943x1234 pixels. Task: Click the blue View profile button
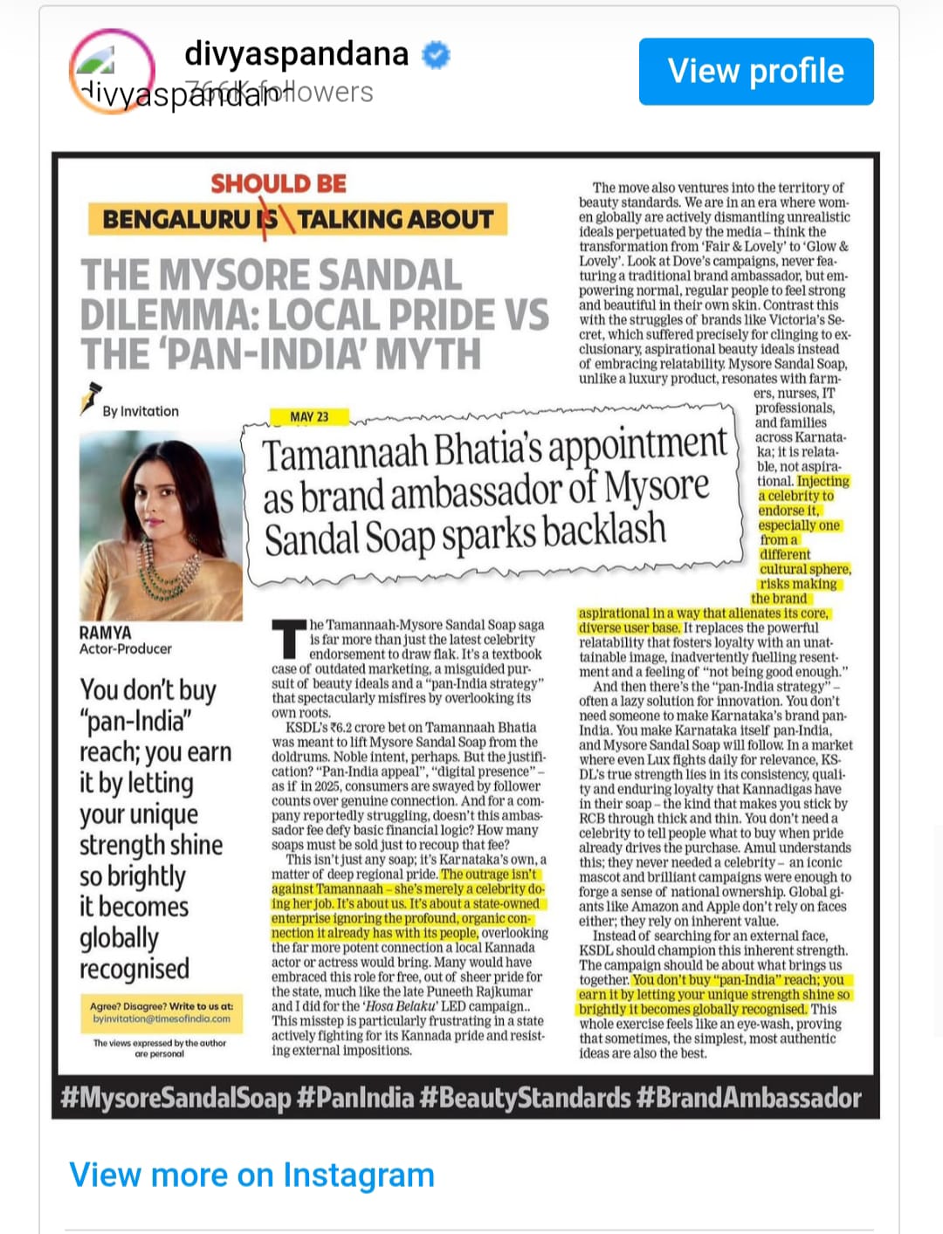(755, 72)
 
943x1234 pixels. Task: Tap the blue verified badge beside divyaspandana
(436, 55)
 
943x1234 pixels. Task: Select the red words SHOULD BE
(279, 184)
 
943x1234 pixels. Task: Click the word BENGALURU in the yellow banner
(176, 219)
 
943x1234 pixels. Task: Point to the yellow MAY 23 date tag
(309, 417)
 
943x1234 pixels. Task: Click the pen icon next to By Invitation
(89, 399)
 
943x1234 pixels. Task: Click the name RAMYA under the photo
(105, 633)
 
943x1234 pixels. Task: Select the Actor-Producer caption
(126, 649)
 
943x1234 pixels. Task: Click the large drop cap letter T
(289, 639)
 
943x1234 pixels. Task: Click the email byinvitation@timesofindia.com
(162, 1018)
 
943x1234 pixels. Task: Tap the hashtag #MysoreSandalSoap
(176, 1098)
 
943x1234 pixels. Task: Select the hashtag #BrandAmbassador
(749, 1098)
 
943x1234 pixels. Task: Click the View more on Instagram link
(251, 1176)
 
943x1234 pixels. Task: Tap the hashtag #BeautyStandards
(525, 1098)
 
